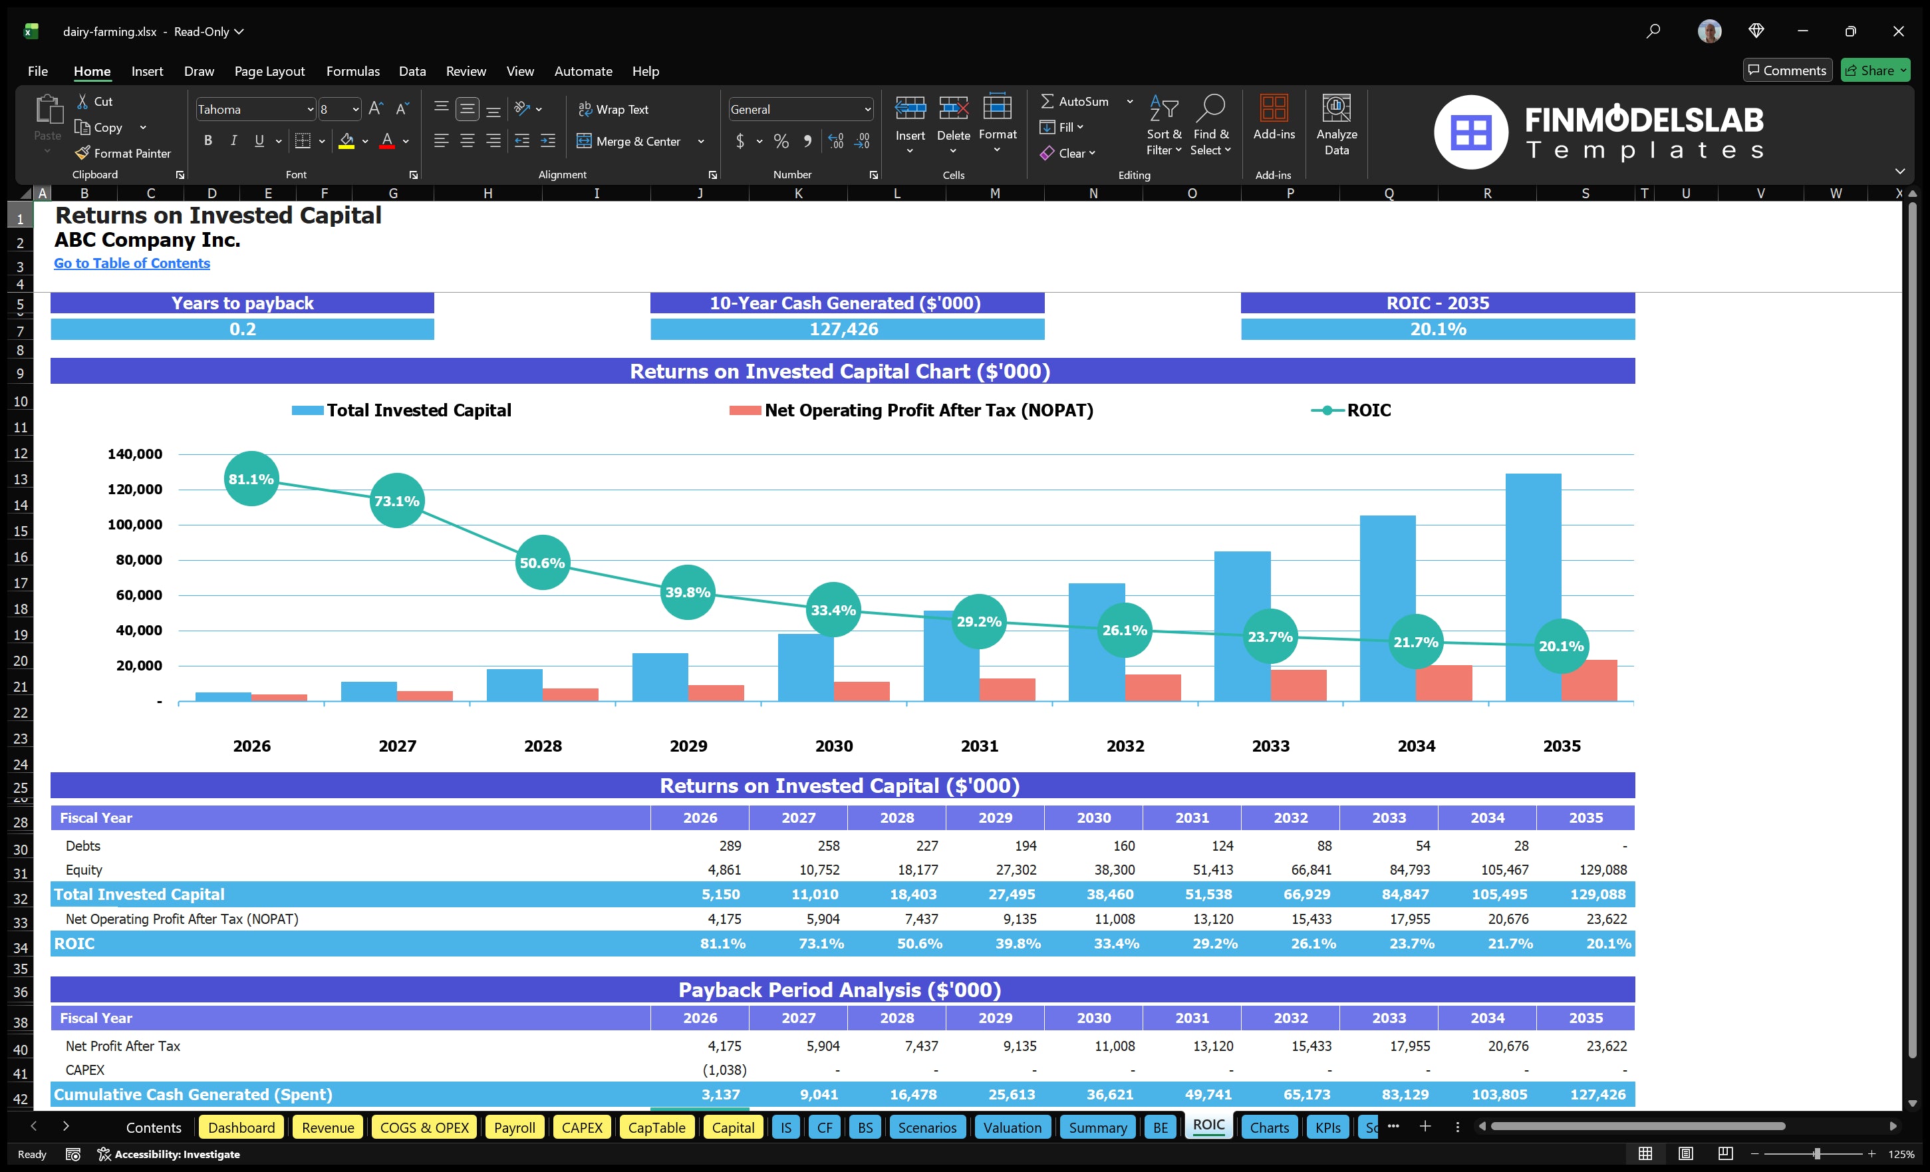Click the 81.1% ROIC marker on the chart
point(251,479)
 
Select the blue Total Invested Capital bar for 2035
point(1532,580)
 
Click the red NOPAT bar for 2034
point(1444,683)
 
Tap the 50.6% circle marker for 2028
point(542,563)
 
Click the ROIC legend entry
point(1351,410)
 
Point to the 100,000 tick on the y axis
point(135,524)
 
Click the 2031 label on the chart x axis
point(979,746)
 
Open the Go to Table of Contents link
point(132,263)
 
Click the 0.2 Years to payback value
point(242,329)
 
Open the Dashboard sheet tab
point(241,1127)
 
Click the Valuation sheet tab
point(1012,1127)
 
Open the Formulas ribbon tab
point(352,71)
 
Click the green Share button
point(1874,71)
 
